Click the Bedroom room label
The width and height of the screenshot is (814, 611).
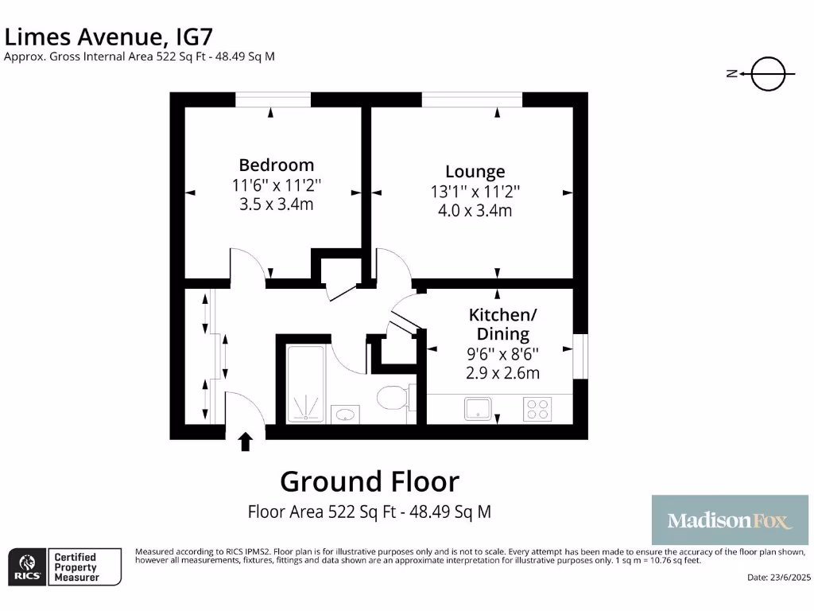[x=277, y=165]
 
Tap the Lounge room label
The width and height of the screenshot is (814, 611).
[x=475, y=171]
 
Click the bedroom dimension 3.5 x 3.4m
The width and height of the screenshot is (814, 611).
[x=277, y=204]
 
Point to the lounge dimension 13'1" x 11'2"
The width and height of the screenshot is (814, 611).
[x=475, y=191]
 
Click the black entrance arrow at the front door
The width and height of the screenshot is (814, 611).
[x=246, y=442]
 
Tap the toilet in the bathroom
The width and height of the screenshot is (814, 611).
[x=392, y=396]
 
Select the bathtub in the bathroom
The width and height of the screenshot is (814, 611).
[x=305, y=383]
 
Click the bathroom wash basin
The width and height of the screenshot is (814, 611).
[x=345, y=414]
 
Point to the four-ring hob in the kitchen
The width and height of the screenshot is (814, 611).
[x=537, y=409]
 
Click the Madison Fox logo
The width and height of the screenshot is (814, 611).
[x=729, y=520]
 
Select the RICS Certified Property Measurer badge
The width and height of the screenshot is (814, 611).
[x=64, y=566]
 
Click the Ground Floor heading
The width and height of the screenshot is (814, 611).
[x=370, y=481]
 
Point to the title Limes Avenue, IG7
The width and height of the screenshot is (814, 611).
[x=109, y=37]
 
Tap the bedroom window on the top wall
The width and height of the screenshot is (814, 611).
[x=273, y=99]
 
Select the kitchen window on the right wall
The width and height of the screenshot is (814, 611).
[x=581, y=354]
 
